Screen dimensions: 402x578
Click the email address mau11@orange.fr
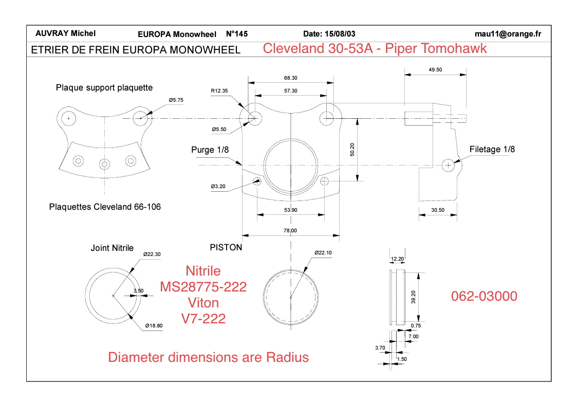508,34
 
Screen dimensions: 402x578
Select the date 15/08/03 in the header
329,34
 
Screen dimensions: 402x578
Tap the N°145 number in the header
237,34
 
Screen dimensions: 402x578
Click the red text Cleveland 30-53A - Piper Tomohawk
375,49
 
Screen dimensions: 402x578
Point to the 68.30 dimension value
291,78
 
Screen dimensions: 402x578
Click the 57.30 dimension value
291,91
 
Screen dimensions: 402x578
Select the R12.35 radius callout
219,91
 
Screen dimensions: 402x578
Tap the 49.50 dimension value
435,70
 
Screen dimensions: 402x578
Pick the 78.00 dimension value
291,231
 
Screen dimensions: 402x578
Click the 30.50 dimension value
438,210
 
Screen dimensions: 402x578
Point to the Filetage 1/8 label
492,150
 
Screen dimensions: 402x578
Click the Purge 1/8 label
210,150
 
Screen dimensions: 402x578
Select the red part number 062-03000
484,296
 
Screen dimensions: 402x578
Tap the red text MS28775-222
203,287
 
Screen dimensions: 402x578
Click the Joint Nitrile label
112,248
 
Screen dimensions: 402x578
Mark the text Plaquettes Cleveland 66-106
105,207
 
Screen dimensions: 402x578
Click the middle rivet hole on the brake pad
105,164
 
